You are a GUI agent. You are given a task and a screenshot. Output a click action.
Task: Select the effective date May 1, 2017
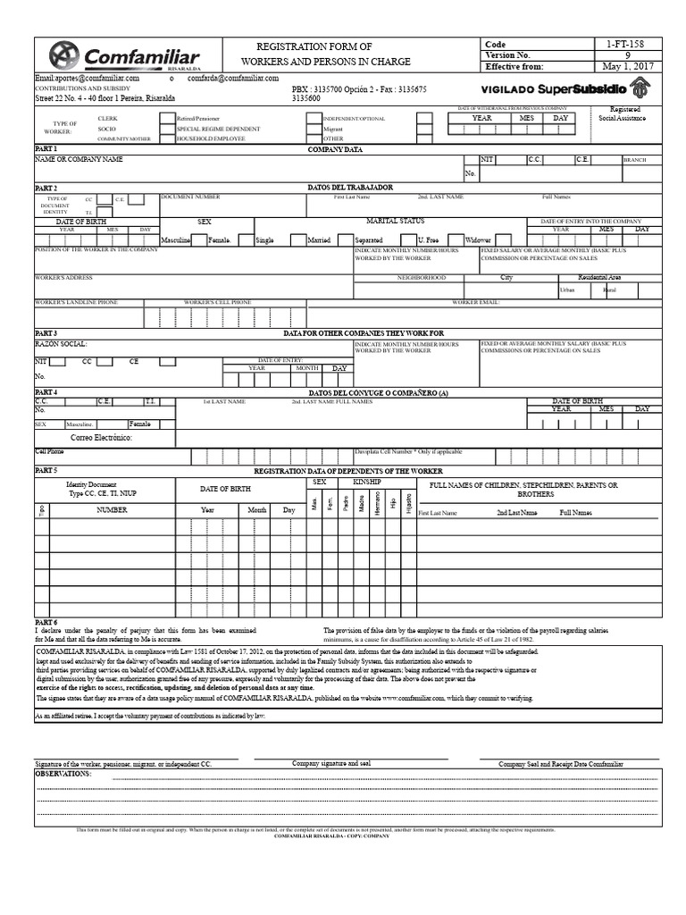pyautogui.click(x=628, y=66)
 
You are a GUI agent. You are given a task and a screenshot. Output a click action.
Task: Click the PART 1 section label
pyautogui.click(x=46, y=149)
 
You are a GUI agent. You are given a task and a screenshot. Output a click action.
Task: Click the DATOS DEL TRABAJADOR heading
pyautogui.click(x=350, y=188)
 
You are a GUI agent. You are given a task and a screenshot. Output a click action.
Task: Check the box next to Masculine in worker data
pyautogui.click(x=197, y=239)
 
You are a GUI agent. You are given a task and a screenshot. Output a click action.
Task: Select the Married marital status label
pyautogui.click(x=319, y=240)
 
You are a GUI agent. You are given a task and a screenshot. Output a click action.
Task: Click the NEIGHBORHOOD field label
pyautogui.click(x=421, y=278)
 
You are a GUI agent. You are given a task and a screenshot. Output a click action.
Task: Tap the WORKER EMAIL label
pyautogui.click(x=475, y=303)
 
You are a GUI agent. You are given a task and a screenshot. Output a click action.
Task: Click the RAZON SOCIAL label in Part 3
pyautogui.click(x=61, y=343)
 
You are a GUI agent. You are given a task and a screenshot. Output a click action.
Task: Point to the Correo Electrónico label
pyautogui.click(x=102, y=439)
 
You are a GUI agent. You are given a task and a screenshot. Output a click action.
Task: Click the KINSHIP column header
pyautogui.click(x=366, y=482)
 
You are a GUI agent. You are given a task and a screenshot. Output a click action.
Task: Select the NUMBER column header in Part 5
pyautogui.click(x=112, y=509)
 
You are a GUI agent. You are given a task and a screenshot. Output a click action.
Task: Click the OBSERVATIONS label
pyautogui.click(x=63, y=774)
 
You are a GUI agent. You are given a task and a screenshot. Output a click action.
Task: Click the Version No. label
pyautogui.click(x=508, y=55)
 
